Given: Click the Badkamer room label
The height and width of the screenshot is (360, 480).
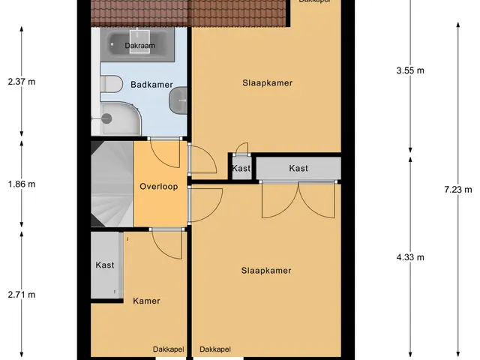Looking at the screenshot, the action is click(x=151, y=85).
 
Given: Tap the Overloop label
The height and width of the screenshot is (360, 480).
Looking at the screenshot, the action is click(x=158, y=187).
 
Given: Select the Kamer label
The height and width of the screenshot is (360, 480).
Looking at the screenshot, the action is click(x=146, y=301).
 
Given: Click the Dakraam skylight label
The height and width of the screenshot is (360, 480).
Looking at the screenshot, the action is click(x=140, y=46).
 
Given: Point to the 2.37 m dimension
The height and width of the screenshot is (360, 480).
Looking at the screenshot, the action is click(x=22, y=82).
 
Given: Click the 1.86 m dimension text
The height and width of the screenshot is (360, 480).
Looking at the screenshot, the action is click(x=22, y=184).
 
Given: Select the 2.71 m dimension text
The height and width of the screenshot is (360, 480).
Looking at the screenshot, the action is click(x=22, y=295).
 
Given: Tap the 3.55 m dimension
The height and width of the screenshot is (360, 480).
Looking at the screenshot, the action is click(x=410, y=70).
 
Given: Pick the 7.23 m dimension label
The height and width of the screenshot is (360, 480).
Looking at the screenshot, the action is click(x=458, y=190).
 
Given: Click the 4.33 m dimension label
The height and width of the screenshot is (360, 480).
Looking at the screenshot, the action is click(x=410, y=257).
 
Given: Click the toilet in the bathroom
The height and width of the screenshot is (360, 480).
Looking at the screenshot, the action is click(x=111, y=83).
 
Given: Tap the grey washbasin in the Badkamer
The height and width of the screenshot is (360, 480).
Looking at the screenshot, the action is click(x=178, y=100).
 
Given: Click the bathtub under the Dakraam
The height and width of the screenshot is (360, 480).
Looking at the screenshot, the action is click(x=137, y=45).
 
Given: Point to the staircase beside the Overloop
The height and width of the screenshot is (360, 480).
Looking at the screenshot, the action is click(x=112, y=184).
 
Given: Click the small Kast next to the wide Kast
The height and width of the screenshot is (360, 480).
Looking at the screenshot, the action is click(x=241, y=168).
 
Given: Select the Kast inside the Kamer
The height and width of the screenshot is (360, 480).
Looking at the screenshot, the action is click(x=105, y=265).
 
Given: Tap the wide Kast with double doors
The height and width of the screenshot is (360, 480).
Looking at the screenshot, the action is click(x=298, y=168).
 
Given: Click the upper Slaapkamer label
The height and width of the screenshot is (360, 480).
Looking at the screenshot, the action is click(x=267, y=83).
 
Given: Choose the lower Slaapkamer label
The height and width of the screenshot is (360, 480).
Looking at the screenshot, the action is click(x=266, y=271).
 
